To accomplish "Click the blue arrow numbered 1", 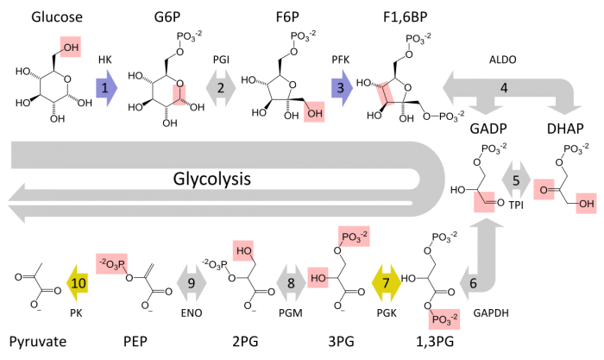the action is pyautogui.click(x=106, y=88).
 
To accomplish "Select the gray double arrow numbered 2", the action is pyautogui.click(x=221, y=88).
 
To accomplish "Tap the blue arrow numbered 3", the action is pyautogui.click(x=342, y=88).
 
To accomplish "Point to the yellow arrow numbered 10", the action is pyautogui.click(x=78, y=283).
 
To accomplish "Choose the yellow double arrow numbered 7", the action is pyautogui.click(x=387, y=283).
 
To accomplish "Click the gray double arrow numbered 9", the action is pyautogui.click(x=192, y=283).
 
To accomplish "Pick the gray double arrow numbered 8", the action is pyautogui.click(x=292, y=283).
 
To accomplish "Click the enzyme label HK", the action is pyautogui.click(x=104, y=60).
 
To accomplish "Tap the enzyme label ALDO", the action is pyautogui.click(x=503, y=60).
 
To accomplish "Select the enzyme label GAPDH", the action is pyautogui.click(x=491, y=313).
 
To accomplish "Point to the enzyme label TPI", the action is pyautogui.click(x=516, y=205).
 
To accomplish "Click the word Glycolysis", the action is pyautogui.click(x=212, y=179).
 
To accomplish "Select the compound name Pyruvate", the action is pyautogui.click(x=38, y=342).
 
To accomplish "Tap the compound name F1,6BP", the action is pyautogui.click(x=406, y=17).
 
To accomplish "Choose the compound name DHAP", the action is pyautogui.click(x=565, y=129).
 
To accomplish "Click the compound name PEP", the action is pyautogui.click(x=135, y=342).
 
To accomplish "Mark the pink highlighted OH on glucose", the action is pyautogui.click(x=71, y=47).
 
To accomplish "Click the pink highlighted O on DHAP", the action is pyautogui.click(x=544, y=190).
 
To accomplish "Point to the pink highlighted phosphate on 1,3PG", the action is pyautogui.click(x=444, y=319).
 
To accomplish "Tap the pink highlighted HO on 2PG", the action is pyautogui.click(x=243, y=251).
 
